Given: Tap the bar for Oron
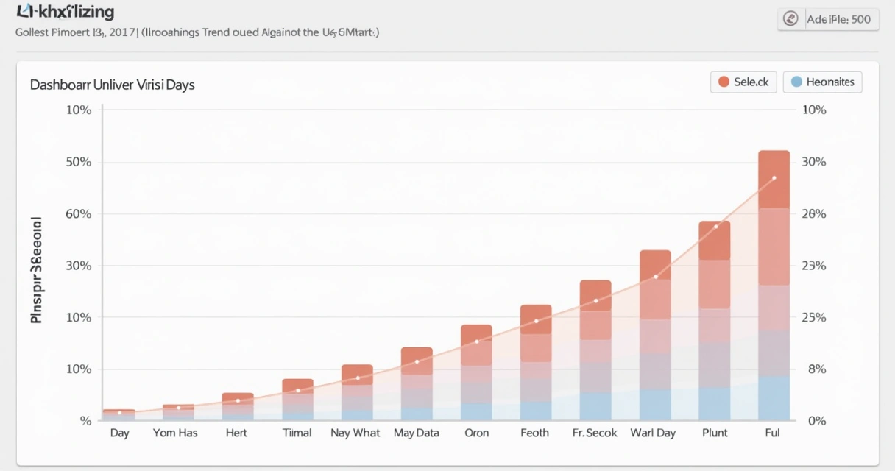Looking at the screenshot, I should tap(476, 372).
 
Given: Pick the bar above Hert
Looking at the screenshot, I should tap(238, 406).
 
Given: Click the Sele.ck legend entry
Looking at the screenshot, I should tap(743, 82).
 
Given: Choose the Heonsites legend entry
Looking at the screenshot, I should tap(822, 82).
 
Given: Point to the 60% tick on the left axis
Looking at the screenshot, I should tap(78, 214).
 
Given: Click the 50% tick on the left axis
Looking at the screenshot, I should tap(78, 162).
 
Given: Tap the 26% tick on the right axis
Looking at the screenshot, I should tap(813, 214).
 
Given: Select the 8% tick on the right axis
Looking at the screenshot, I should tap(817, 369).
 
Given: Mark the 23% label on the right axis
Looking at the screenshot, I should tap(813, 266).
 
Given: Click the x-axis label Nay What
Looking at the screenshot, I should tap(355, 433).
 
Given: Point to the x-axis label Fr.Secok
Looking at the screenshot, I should tap(595, 433).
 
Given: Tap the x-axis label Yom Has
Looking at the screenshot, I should tap(175, 433).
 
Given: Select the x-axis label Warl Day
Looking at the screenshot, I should tap(653, 433).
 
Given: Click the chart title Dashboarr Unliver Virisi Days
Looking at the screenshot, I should tap(113, 85).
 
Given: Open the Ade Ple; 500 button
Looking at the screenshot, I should tap(828, 19).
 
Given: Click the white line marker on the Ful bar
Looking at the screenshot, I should tap(774, 178).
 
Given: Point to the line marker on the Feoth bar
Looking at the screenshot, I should tap(536, 321).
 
